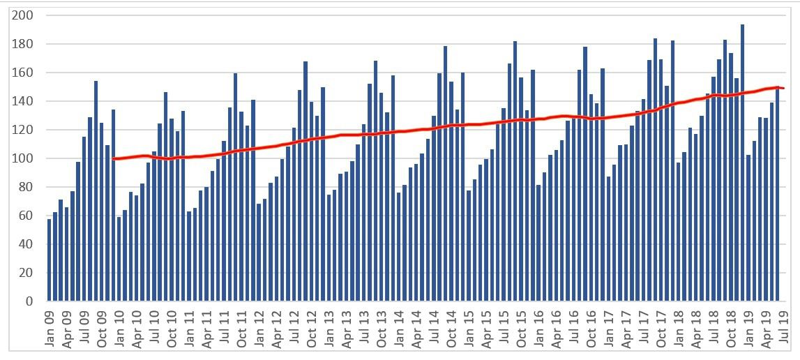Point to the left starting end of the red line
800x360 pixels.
113,159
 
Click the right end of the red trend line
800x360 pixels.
783,88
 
